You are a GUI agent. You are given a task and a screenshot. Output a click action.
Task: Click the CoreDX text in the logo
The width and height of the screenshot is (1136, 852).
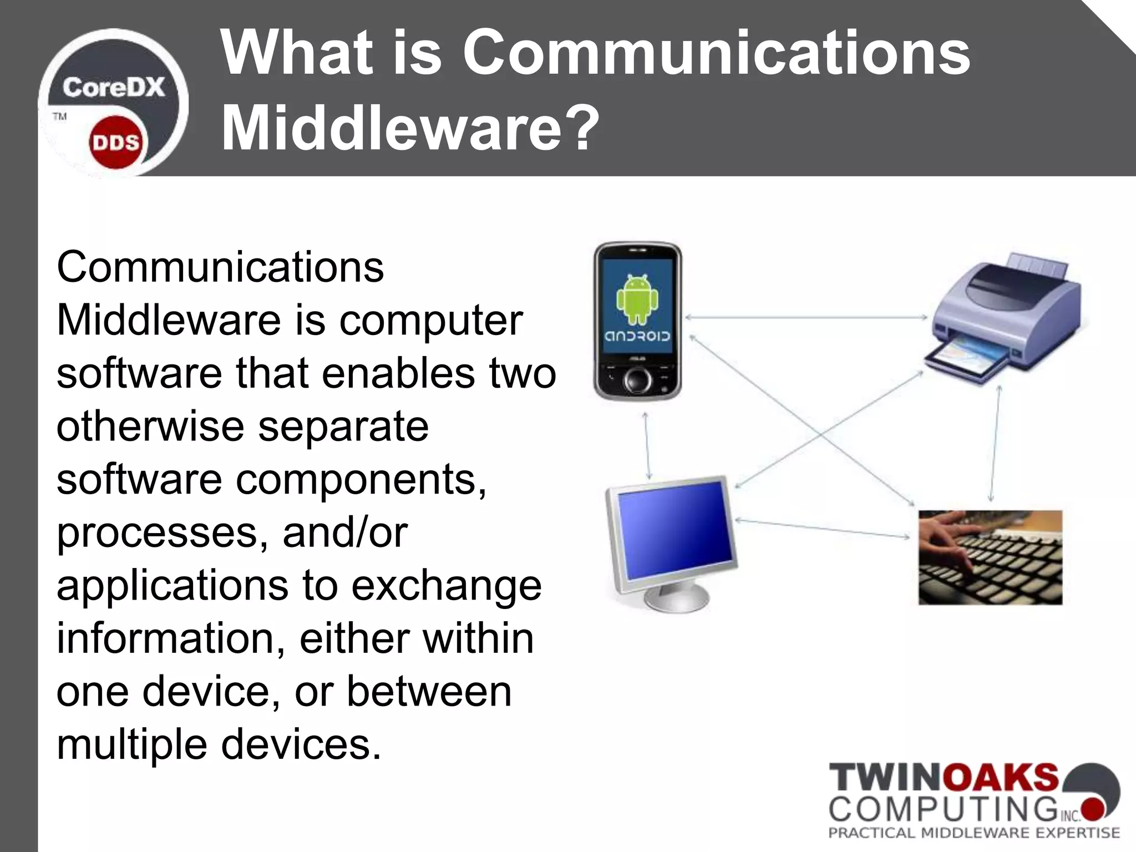tap(114, 88)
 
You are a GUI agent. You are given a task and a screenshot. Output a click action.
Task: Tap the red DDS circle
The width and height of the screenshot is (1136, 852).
tap(116, 143)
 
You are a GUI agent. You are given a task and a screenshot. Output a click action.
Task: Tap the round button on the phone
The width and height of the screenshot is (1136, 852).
tap(637, 380)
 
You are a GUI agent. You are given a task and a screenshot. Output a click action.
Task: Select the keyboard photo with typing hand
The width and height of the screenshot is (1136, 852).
tap(990, 557)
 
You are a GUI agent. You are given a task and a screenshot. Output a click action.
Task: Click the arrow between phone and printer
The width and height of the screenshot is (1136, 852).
tap(806, 317)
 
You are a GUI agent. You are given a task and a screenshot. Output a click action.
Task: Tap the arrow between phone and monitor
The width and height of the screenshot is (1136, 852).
tap(647, 445)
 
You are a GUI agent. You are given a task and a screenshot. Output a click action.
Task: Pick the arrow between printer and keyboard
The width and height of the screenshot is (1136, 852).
tap(995, 444)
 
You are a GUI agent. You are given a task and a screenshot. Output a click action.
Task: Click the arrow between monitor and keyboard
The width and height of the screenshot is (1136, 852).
tap(823, 528)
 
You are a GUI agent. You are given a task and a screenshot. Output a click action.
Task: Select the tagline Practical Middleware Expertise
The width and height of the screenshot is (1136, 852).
tap(974, 833)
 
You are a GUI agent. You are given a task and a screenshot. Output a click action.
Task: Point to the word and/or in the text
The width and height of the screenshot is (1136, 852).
tap(345, 532)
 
